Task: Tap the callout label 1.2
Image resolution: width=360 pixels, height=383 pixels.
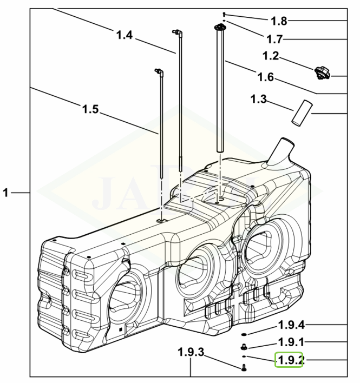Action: click(x=271, y=56)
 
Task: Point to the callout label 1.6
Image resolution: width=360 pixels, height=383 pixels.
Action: click(x=266, y=77)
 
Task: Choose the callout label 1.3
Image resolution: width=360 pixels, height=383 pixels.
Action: click(x=259, y=99)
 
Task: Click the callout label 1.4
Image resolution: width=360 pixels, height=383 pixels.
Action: click(x=125, y=36)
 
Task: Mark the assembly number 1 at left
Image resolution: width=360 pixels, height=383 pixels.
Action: click(x=6, y=192)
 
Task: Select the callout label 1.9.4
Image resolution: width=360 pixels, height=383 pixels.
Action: click(x=292, y=325)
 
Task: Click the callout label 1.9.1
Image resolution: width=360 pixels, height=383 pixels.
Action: click(x=292, y=342)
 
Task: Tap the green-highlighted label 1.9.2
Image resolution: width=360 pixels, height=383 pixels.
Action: click(x=289, y=359)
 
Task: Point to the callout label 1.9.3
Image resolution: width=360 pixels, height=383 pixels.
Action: click(x=192, y=353)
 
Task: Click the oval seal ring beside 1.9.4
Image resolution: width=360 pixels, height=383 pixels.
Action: click(x=244, y=335)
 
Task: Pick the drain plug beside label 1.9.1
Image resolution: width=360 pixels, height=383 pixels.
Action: click(x=244, y=346)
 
